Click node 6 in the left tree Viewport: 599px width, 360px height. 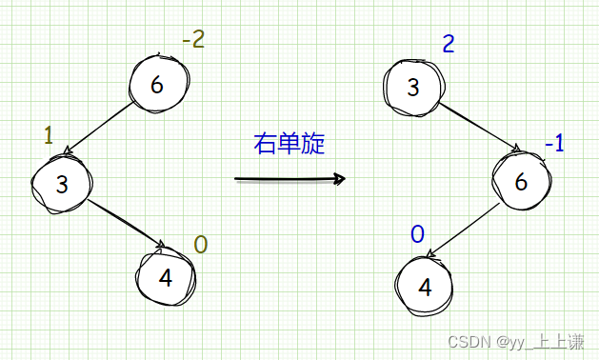pos(157,85)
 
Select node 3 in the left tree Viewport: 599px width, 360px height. pos(61,184)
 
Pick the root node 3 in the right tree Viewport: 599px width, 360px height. pos(412,88)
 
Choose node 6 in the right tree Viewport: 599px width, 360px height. pos(520,181)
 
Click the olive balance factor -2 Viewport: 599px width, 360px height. pos(193,41)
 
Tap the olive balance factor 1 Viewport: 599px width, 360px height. pos(49,135)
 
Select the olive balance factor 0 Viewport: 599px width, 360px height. pos(200,245)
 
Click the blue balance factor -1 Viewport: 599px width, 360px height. pos(554,143)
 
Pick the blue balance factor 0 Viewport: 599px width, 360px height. pos(416,233)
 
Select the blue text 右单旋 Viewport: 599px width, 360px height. pos(289,144)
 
